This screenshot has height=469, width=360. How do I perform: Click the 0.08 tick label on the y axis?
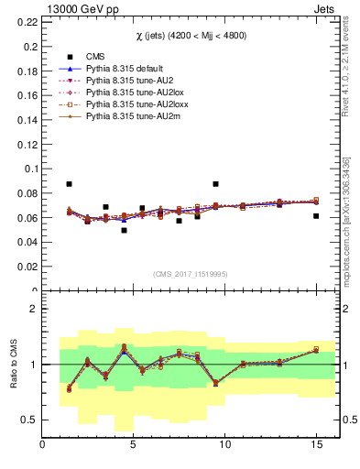(x=27, y=193)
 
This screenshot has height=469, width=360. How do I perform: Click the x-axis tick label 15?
(x=316, y=447)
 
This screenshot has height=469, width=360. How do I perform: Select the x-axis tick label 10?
(x=224, y=447)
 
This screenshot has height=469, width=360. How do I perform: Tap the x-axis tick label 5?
(x=134, y=447)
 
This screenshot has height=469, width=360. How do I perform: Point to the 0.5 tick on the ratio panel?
(x=29, y=420)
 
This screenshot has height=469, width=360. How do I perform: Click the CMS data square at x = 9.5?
(x=215, y=184)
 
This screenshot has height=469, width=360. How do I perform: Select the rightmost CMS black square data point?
(x=316, y=216)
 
